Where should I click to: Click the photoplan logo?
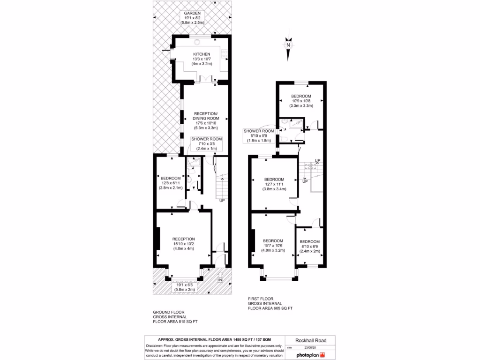pyautogui.click(x=310, y=355)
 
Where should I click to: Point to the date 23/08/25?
pyautogui.click(x=317, y=348)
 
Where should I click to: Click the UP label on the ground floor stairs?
pyautogui.click(x=221, y=200)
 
